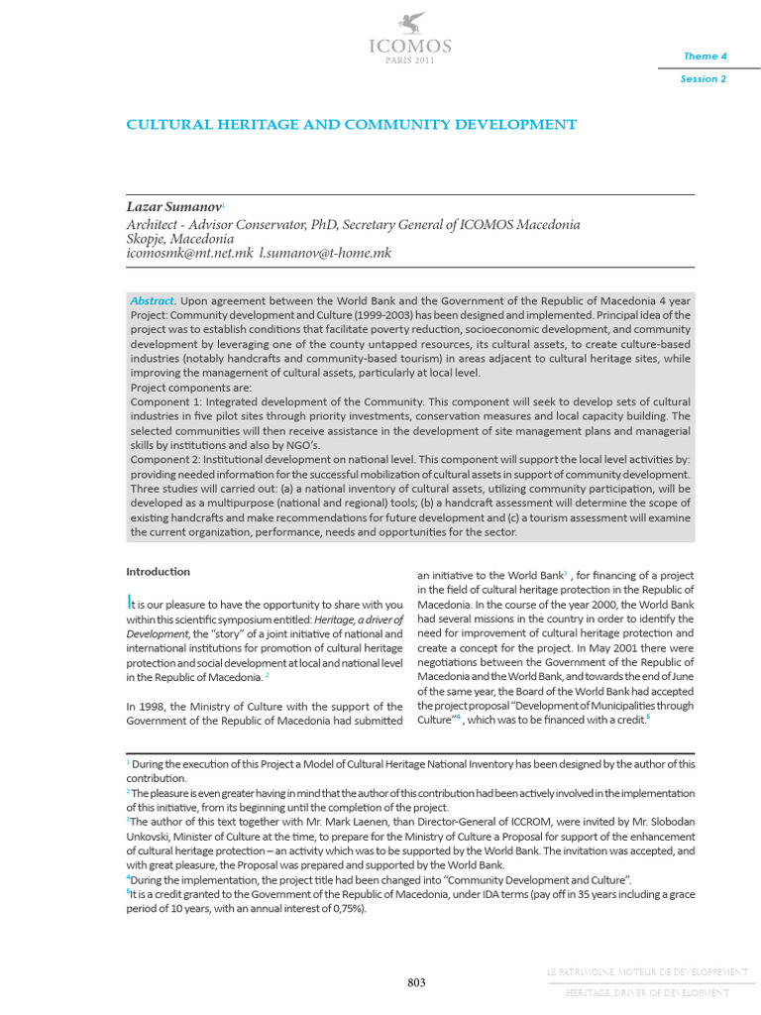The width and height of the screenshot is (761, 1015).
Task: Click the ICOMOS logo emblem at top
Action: click(x=410, y=22)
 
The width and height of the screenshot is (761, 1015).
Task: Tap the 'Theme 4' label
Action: click(x=705, y=56)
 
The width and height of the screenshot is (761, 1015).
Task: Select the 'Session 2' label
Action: click(x=703, y=79)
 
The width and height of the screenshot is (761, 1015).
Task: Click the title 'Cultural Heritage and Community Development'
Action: click(x=351, y=125)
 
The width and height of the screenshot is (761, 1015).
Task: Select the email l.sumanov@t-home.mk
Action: click(x=325, y=254)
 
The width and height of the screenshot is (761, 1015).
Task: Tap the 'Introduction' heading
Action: click(x=158, y=572)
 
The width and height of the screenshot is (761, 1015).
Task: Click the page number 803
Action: click(x=416, y=982)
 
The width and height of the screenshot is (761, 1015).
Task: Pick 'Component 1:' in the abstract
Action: click(x=165, y=401)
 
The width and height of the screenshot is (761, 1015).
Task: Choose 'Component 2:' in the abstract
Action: click(x=165, y=461)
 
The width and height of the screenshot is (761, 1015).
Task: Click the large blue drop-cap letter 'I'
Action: click(x=129, y=602)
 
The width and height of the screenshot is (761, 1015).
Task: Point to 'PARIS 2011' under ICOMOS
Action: click(x=410, y=60)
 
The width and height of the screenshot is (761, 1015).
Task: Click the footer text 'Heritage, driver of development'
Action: click(x=647, y=992)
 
